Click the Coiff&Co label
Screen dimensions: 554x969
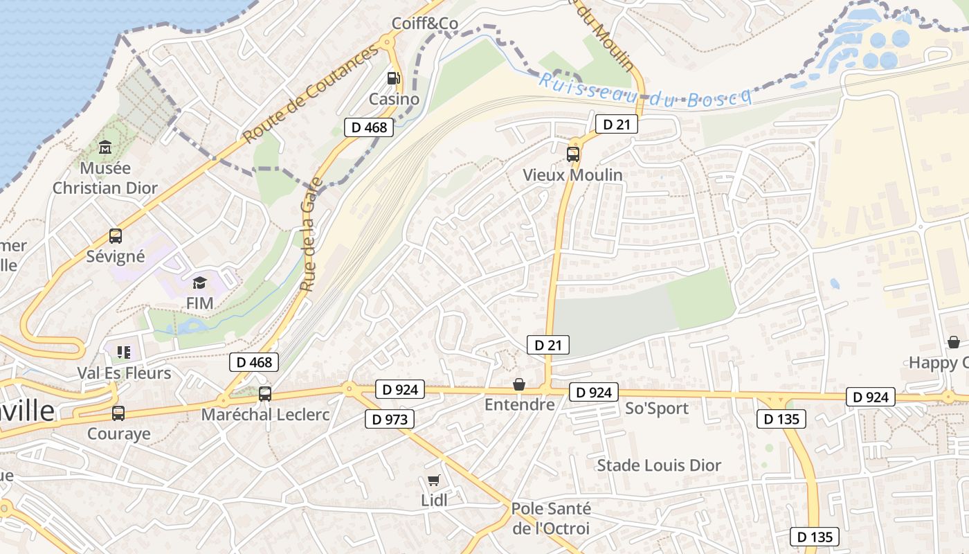[425, 24]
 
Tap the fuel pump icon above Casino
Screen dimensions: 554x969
[394, 78]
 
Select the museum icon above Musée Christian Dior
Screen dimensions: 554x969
[105, 147]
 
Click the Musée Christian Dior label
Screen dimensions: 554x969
[105, 178]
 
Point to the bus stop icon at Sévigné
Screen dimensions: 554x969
[116, 236]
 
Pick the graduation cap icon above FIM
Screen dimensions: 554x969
[200, 283]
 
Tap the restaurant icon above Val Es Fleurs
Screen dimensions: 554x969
[124, 352]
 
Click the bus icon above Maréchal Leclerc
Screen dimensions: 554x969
[265, 394]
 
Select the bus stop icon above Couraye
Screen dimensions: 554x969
[118, 413]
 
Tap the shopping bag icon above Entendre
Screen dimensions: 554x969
[519, 384]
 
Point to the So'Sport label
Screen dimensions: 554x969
[657, 409]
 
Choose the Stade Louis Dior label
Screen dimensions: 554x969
[659, 465]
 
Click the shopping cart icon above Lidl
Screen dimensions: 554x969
[434, 481]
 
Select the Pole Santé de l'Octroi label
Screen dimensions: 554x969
[551, 519]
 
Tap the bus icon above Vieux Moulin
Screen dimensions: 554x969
[573, 154]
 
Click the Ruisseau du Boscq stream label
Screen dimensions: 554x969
[645, 90]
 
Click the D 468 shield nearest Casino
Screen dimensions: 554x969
[369, 127]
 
